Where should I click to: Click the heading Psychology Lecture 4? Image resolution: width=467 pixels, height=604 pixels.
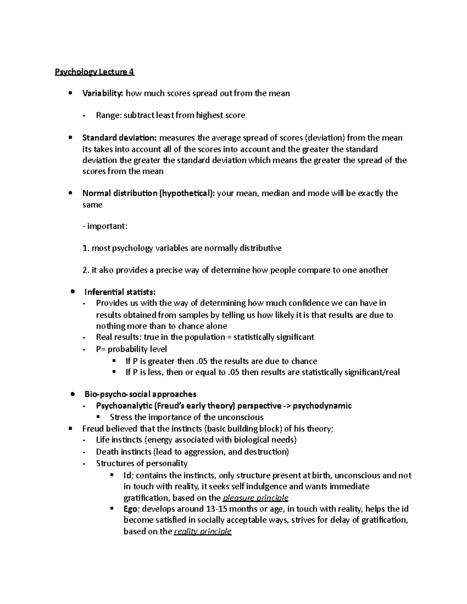tap(94, 72)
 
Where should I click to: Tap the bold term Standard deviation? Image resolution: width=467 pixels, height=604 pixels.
tap(119, 138)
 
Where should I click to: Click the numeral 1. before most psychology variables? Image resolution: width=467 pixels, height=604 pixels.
tap(86, 248)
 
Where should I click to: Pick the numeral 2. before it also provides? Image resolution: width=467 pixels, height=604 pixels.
tap(86, 270)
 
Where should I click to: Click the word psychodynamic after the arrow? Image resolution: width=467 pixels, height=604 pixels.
tap(322, 406)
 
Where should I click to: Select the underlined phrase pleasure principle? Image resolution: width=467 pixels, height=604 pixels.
tap(255, 498)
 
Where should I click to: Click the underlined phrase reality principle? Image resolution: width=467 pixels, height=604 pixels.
tap(203, 531)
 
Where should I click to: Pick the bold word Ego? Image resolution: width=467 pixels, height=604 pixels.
tap(130, 509)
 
